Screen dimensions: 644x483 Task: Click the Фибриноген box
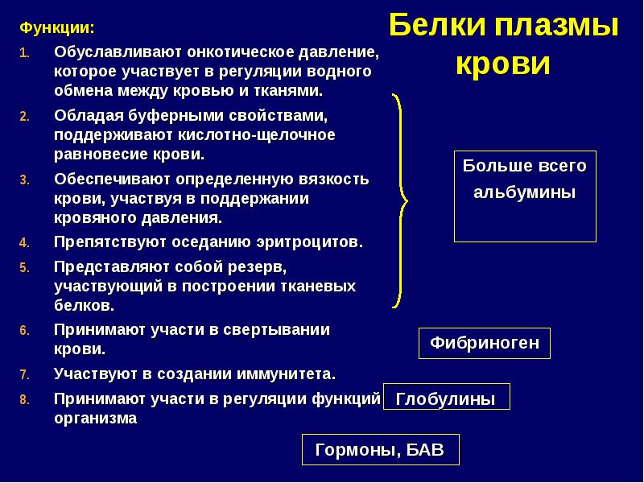click(x=484, y=344)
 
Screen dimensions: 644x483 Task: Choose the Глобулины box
click(x=445, y=398)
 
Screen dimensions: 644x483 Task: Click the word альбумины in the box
click(x=524, y=193)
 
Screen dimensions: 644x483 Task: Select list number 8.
click(x=24, y=399)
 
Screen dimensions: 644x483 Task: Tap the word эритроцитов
click(x=311, y=242)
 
